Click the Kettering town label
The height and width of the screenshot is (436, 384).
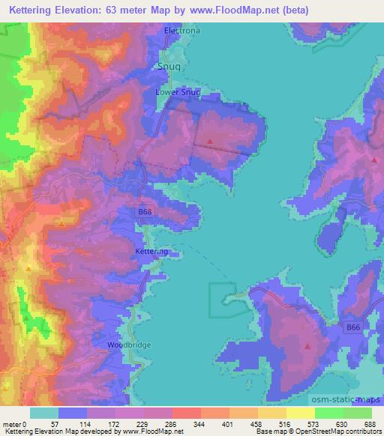(151, 251)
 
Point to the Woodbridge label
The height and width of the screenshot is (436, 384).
(128, 345)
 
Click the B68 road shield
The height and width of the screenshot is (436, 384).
(145, 213)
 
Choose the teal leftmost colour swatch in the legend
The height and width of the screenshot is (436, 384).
(43, 413)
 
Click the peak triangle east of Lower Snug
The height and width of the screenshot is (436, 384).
(211, 140)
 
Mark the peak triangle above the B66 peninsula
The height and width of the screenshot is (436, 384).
(307, 345)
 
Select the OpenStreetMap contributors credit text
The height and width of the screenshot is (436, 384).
(349, 432)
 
